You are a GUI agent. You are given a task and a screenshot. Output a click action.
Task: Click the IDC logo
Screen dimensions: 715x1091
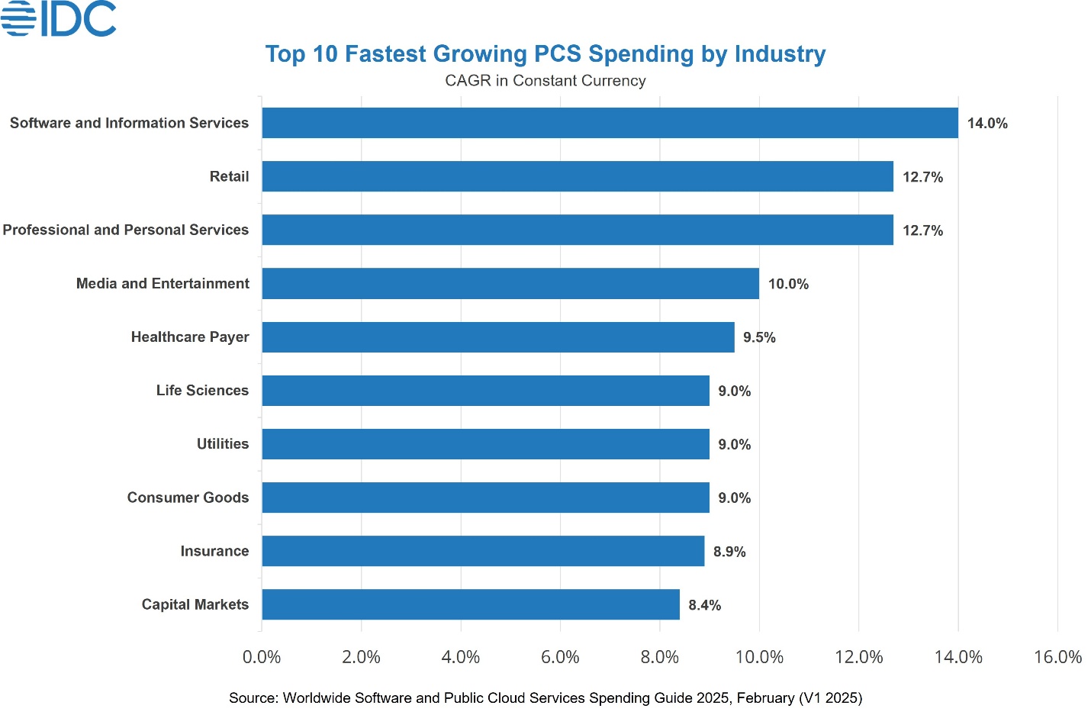[x=59, y=18]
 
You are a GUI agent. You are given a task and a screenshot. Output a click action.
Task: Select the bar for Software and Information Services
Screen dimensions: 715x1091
[x=610, y=123]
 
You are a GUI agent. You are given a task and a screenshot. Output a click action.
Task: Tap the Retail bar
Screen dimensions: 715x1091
[x=578, y=176]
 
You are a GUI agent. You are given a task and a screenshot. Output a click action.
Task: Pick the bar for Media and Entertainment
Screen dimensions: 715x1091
[x=510, y=284]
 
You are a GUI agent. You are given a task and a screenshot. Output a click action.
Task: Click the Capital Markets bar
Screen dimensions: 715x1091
[x=471, y=604]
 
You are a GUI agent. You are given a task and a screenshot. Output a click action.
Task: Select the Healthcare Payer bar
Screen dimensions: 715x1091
[x=498, y=337]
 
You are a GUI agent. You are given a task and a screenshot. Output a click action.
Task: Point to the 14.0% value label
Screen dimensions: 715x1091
[x=987, y=124]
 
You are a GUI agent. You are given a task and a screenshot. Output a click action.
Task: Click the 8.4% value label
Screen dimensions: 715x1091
[x=704, y=605]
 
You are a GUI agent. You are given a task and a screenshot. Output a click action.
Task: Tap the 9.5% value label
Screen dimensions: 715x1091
[x=759, y=337]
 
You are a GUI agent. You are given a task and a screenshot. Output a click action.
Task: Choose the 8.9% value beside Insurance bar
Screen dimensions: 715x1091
[x=729, y=552]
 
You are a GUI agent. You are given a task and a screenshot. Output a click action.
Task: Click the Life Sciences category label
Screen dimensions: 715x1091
[x=202, y=391]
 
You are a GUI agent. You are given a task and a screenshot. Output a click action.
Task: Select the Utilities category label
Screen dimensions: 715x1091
[x=223, y=444]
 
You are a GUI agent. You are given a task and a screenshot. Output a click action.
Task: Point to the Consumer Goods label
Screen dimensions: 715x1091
[x=188, y=498]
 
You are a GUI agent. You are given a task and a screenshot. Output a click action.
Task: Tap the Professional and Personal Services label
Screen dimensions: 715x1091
[x=126, y=230]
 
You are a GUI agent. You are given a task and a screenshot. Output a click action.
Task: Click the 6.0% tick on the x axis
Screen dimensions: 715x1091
[x=560, y=657]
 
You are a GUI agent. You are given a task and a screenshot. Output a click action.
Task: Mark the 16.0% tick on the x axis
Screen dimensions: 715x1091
[x=1057, y=657]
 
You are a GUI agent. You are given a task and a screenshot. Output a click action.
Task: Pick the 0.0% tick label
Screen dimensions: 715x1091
[x=262, y=657]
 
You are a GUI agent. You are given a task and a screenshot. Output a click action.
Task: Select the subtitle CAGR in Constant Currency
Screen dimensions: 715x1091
[x=545, y=81]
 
